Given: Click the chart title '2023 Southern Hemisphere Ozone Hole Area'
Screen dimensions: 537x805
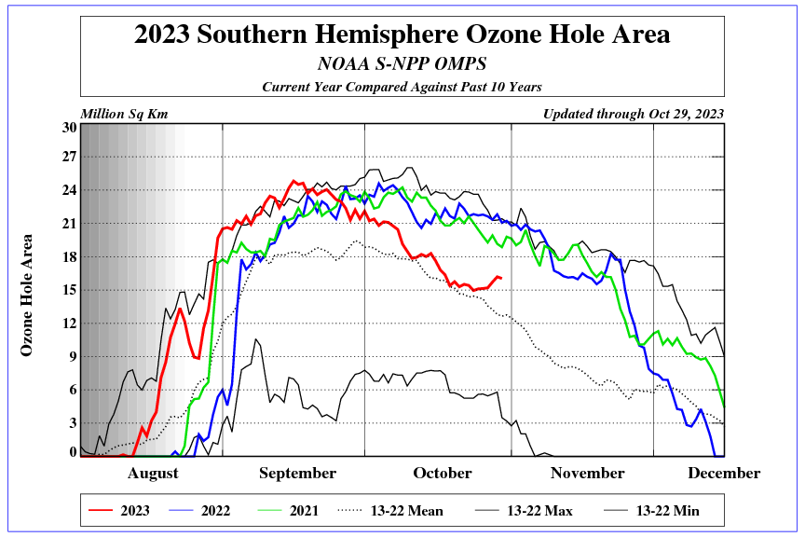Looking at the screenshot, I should click(x=402, y=35).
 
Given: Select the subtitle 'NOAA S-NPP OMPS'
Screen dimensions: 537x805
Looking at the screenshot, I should click(x=402, y=64).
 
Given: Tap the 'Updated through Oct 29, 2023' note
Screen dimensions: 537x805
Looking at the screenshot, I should click(x=633, y=115).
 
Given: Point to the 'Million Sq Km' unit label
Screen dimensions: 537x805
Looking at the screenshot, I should click(x=124, y=115).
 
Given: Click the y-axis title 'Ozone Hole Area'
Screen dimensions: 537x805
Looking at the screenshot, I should click(x=27, y=295).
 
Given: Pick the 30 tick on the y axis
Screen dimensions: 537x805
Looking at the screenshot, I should click(x=69, y=128).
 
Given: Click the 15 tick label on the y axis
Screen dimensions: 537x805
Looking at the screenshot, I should click(x=69, y=290).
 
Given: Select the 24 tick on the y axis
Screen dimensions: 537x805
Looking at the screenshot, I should click(x=69, y=190).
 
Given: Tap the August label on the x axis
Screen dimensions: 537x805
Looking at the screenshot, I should click(x=153, y=474).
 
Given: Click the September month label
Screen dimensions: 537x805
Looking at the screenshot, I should click(x=297, y=474).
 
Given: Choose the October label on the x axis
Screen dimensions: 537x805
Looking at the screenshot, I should click(x=443, y=474).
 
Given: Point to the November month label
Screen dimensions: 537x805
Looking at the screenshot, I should click(x=587, y=474).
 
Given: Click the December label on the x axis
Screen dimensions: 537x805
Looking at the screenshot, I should click(x=724, y=474).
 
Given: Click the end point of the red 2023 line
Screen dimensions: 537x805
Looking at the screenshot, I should click(x=501, y=278).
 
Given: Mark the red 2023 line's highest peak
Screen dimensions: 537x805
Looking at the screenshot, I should click(x=294, y=181).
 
